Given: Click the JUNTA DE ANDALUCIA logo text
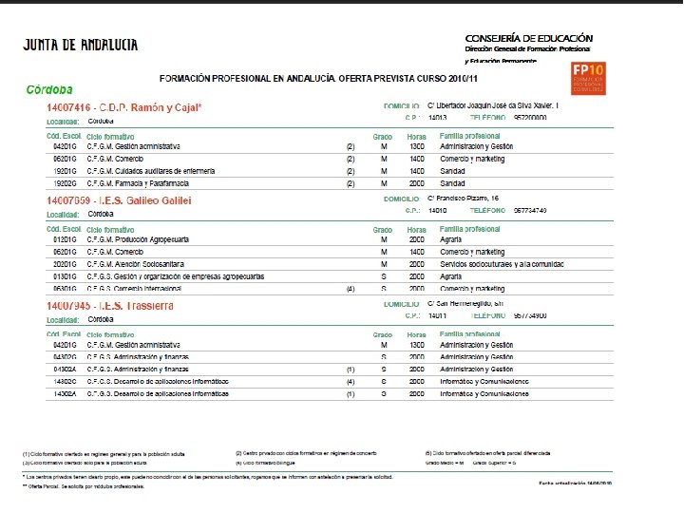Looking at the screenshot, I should pos(80,45).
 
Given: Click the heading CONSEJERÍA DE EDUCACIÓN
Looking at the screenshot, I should pos(528,36).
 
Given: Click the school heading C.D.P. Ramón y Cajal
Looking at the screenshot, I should pos(124,107).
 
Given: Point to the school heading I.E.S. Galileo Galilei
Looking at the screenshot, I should pos(119,200).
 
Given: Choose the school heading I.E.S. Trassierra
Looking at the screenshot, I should pos(110,305).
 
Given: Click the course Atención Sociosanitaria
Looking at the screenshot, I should pos(135,263).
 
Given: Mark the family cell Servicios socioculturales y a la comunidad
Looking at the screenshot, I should pos(508,263).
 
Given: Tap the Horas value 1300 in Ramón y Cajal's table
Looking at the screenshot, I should pos(416,147).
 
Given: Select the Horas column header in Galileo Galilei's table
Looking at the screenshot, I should pos(416,229).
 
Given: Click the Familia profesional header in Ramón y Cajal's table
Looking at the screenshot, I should pos(469,136).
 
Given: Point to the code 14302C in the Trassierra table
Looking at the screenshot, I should pos(66,381).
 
